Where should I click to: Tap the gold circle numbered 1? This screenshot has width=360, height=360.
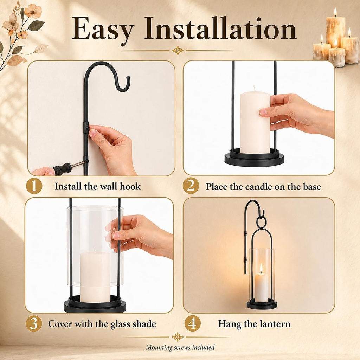pos(34,186)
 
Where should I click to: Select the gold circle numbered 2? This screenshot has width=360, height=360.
pos(191,186)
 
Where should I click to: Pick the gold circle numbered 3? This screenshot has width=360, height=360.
pos(34,323)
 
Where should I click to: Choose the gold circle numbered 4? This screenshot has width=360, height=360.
pos(192,323)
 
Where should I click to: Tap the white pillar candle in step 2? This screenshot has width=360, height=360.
pos(255,120)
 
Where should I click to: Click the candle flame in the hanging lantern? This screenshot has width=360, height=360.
pos(261,268)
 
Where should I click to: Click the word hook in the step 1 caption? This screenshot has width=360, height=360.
pos(130,186)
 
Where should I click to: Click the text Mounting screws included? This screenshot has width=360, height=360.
pos(180,347)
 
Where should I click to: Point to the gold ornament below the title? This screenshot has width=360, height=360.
pos(178,51)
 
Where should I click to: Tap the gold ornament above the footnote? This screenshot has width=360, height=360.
pos(178,337)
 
